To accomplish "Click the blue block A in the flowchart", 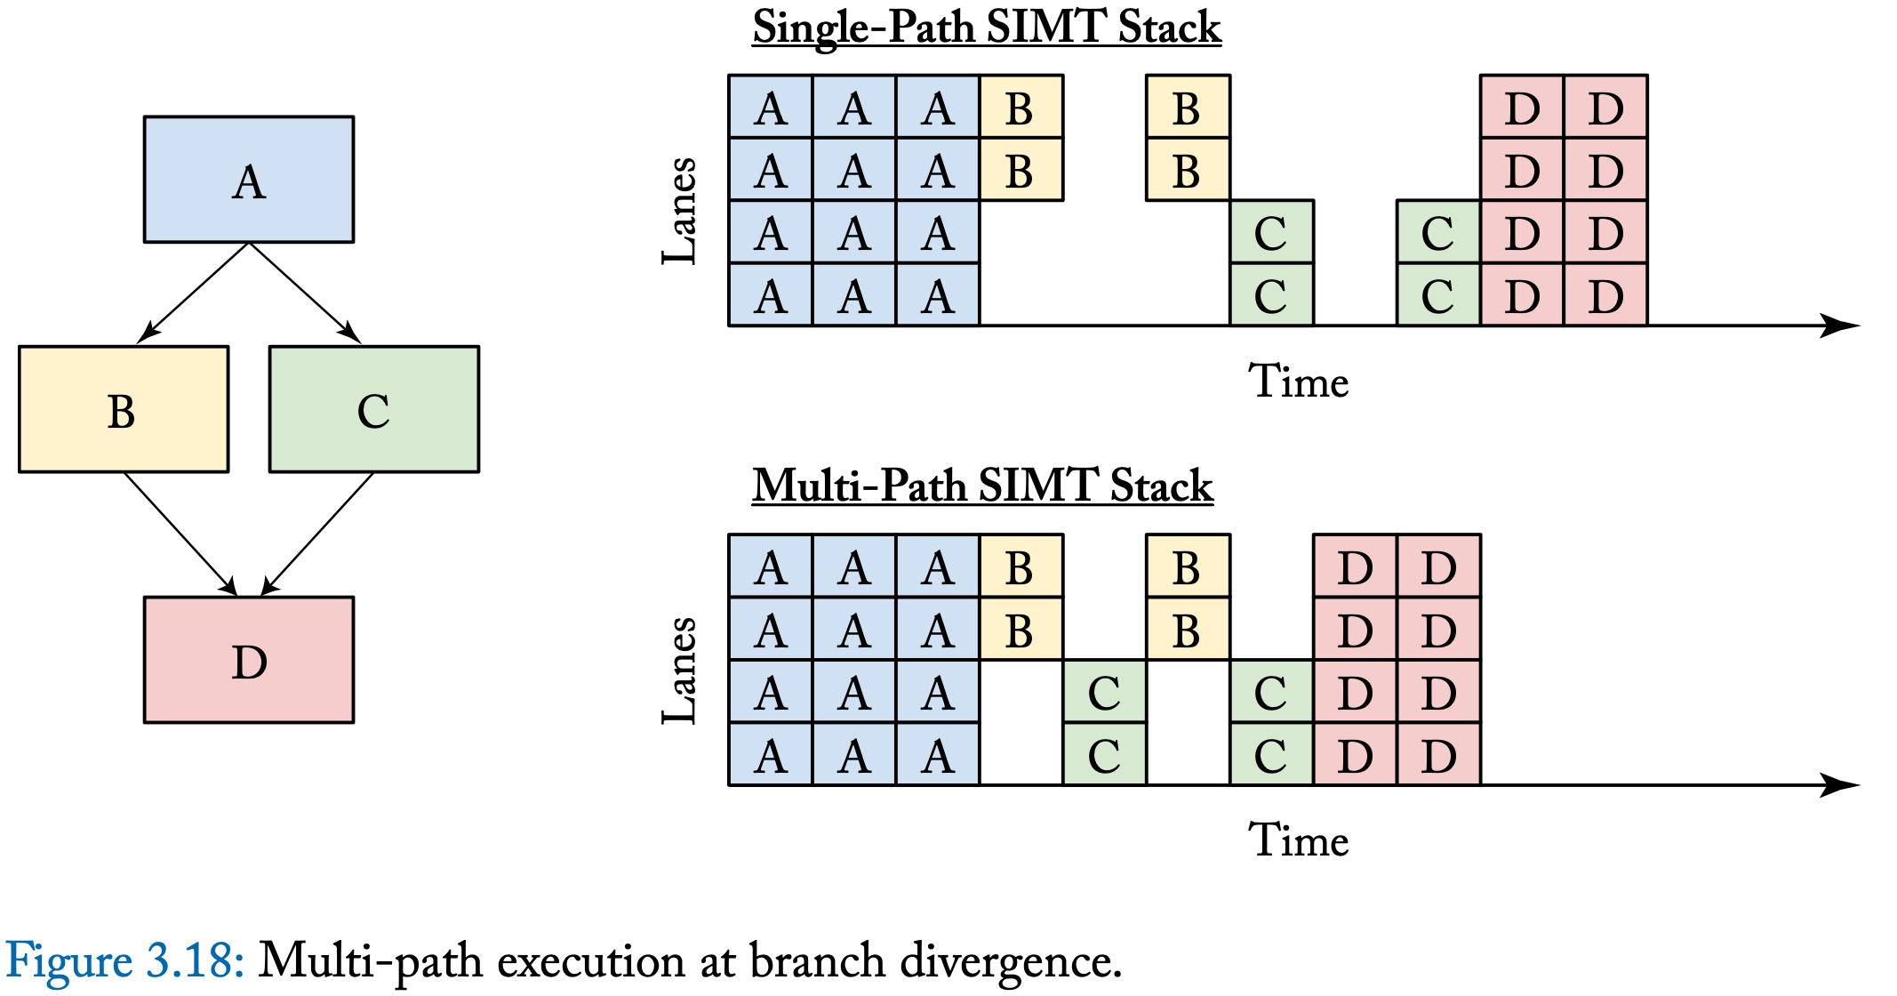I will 249,179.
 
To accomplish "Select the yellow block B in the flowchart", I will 124,409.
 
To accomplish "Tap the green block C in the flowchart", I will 374,409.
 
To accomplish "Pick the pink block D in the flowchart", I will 249,660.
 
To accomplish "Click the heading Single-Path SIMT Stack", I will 986,28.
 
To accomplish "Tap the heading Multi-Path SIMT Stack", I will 982,486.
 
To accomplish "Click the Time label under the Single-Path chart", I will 1298,382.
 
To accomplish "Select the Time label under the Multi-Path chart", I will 1298,840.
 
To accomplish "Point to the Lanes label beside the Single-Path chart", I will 680,211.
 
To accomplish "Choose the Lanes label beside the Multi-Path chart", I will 680,670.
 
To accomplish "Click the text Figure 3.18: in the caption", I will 124,961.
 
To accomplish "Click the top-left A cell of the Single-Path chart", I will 770,107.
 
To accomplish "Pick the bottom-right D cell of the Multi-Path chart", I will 1438,754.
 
